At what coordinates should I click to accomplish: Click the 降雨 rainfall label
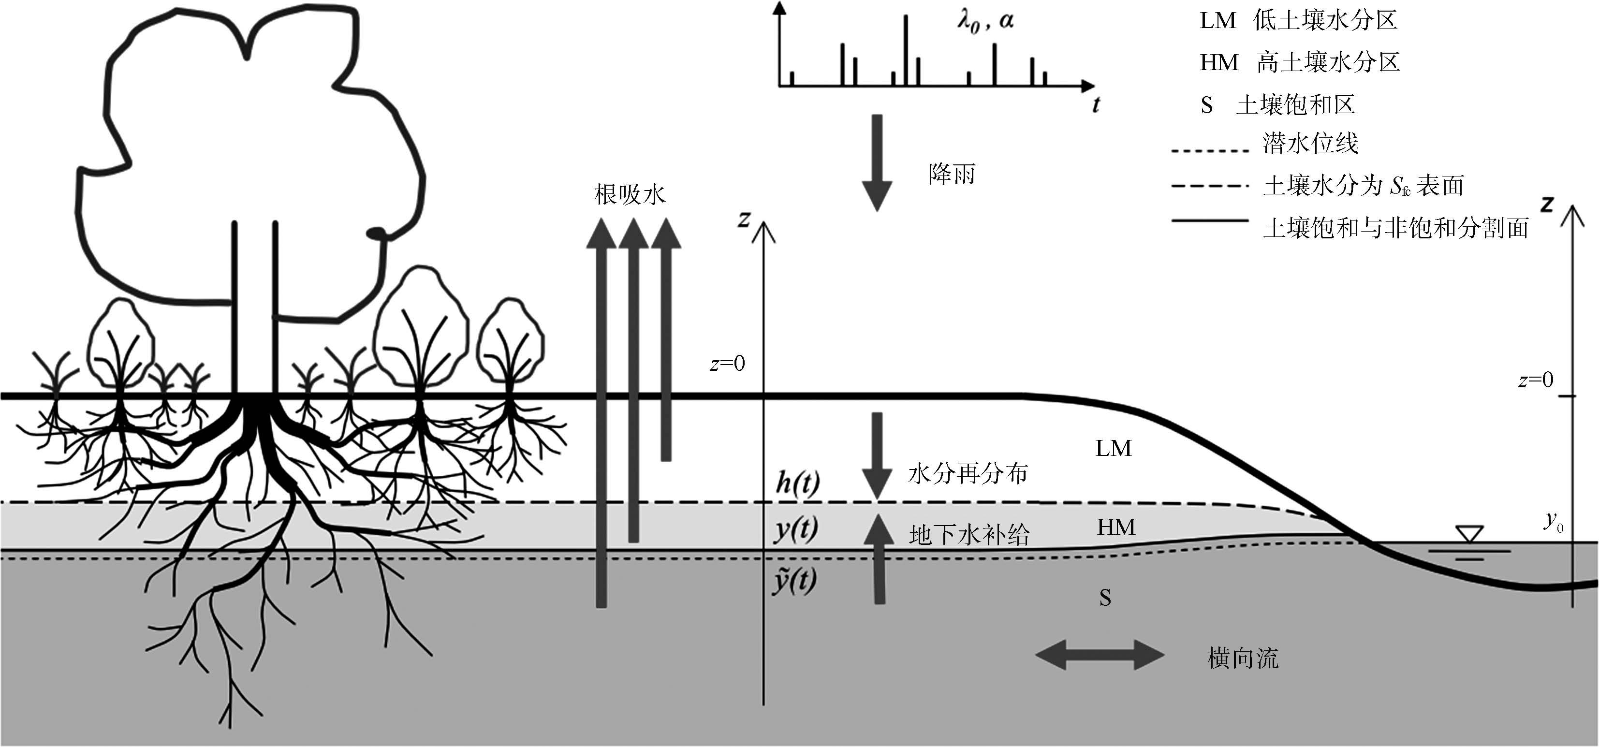(x=952, y=175)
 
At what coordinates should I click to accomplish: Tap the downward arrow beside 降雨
(x=877, y=162)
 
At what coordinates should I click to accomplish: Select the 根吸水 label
(x=630, y=194)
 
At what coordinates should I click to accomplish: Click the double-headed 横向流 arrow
(x=1100, y=655)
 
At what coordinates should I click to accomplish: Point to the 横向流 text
(x=1243, y=658)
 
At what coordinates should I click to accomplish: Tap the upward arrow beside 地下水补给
(x=879, y=559)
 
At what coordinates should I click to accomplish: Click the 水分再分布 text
(x=968, y=474)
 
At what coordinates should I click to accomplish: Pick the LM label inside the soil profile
(x=1113, y=448)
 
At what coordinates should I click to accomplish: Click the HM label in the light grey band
(x=1115, y=527)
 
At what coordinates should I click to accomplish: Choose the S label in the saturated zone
(x=1105, y=597)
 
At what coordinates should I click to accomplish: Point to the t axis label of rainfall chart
(x=1096, y=104)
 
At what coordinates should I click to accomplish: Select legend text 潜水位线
(x=1310, y=144)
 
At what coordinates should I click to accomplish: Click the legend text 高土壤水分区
(x=1328, y=62)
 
